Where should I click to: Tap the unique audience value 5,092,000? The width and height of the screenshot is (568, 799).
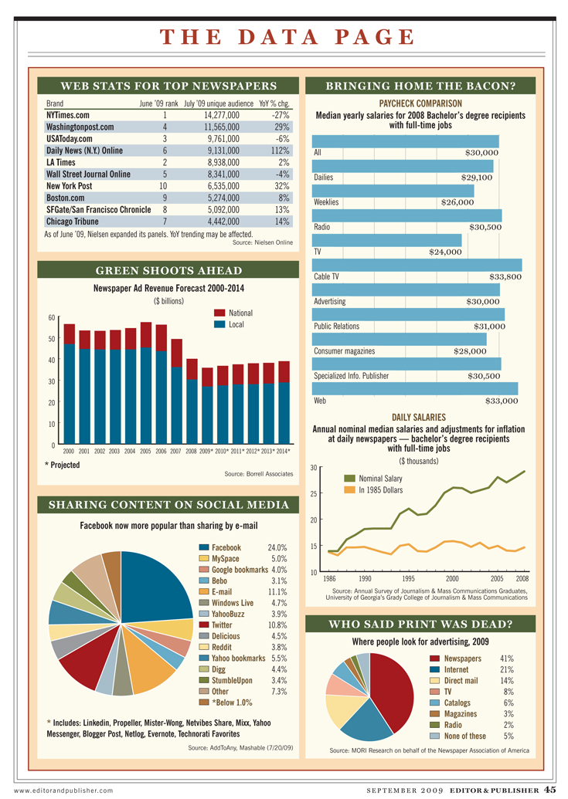[217, 209]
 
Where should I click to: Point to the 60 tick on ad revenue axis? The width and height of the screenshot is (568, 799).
[52, 317]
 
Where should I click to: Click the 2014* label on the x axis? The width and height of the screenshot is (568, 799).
[284, 450]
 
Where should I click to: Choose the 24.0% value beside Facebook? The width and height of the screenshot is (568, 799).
[277, 547]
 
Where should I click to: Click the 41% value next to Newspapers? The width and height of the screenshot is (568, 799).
[507, 658]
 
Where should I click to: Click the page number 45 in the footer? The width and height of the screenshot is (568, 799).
[550, 789]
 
